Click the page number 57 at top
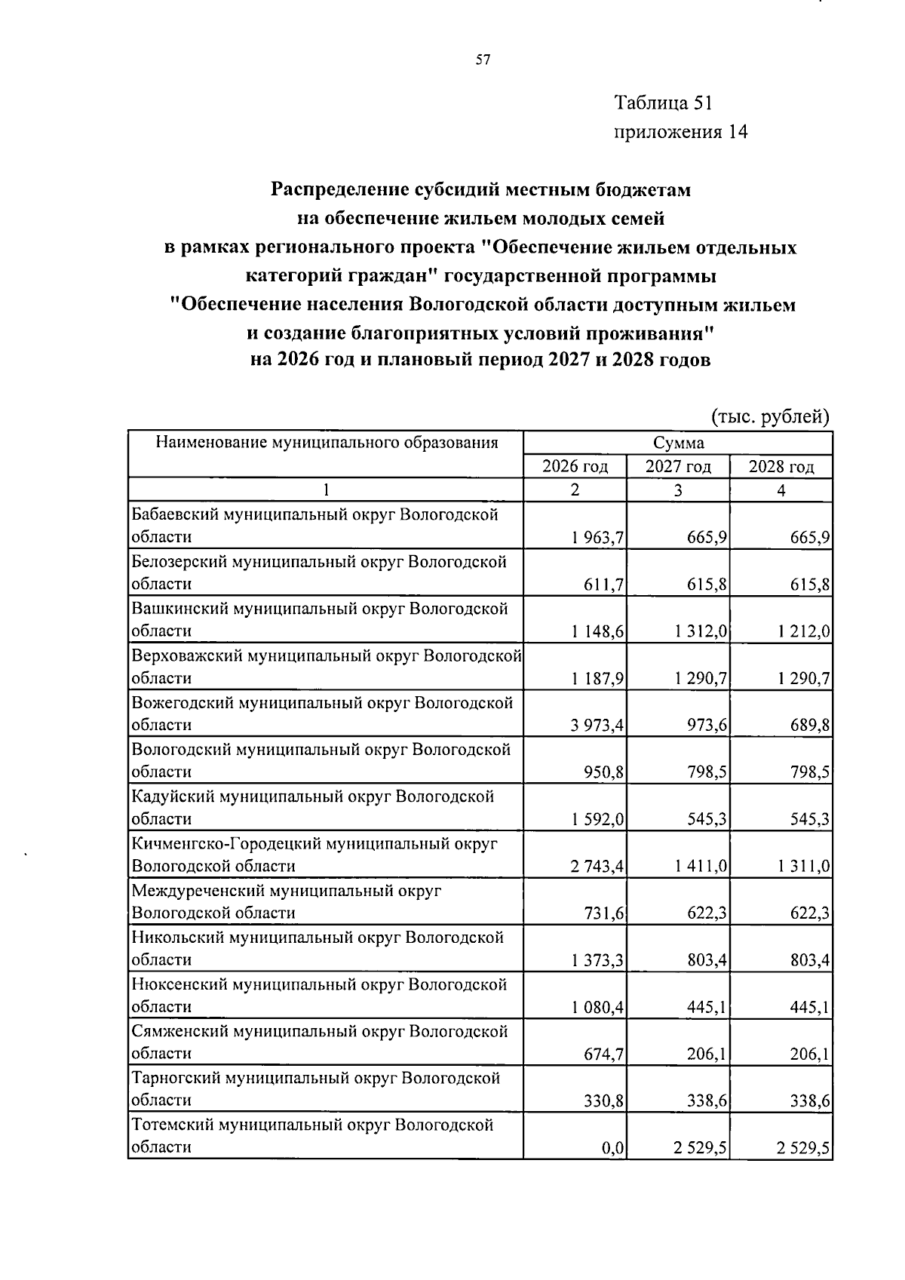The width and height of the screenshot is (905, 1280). click(x=483, y=60)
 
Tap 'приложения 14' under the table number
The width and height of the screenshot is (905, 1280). click(x=681, y=132)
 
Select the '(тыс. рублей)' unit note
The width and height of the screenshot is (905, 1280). click(x=770, y=416)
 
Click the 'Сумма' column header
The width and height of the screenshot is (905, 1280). click(x=678, y=443)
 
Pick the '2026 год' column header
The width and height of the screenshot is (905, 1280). click(x=575, y=467)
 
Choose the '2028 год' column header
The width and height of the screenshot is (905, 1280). click(x=781, y=467)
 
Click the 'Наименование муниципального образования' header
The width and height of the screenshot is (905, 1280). click(x=326, y=443)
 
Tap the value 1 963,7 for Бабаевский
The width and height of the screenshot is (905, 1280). click(x=598, y=537)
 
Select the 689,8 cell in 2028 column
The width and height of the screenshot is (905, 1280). click(x=809, y=725)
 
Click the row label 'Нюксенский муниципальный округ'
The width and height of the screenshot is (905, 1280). click(x=319, y=984)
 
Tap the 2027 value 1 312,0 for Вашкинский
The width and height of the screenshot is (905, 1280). click(x=701, y=631)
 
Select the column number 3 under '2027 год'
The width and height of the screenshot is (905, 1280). click(x=678, y=490)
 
